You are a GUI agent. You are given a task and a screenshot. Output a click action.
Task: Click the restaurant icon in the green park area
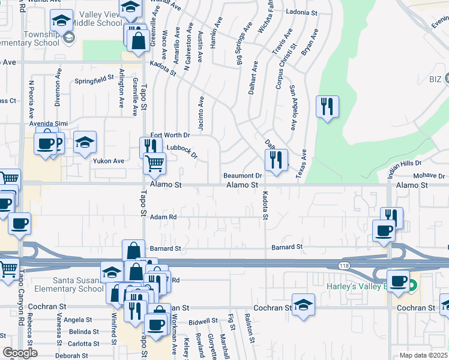pyautogui.click(x=327, y=107)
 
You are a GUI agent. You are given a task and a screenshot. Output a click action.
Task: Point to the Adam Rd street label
pyautogui.click(x=163, y=217)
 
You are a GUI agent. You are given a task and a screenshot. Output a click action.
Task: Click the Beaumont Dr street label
pyautogui.click(x=243, y=176)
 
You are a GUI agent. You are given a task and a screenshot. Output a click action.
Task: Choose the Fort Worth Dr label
pyautogui.click(x=170, y=136)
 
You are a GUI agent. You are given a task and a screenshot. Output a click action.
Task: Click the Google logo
pyautogui.click(x=20, y=353)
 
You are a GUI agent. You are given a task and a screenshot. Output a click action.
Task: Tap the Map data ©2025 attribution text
pyautogui.click(x=424, y=355)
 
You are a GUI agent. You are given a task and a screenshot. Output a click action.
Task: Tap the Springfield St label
pyautogui.click(x=94, y=79)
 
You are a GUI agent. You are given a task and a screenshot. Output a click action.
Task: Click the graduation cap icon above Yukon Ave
pyautogui.click(x=85, y=143)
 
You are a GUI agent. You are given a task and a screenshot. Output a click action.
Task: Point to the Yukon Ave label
pyautogui.click(x=108, y=161)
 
